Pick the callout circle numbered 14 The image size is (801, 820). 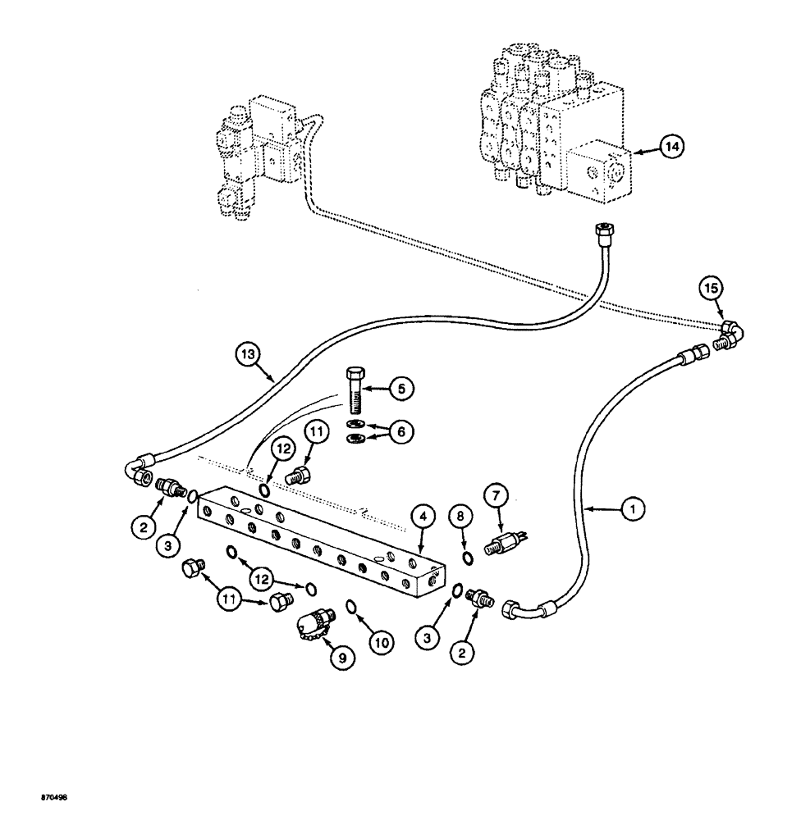671,147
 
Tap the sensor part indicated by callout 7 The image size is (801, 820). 502,544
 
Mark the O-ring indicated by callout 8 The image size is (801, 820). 466,558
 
